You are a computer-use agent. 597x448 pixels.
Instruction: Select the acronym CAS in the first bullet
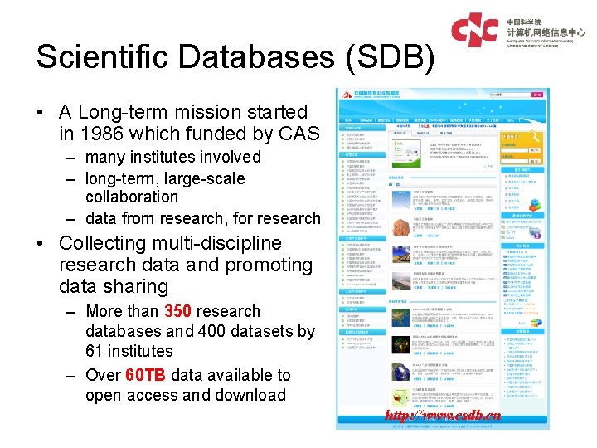pyautogui.click(x=298, y=134)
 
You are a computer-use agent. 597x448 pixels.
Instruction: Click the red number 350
pyautogui.click(x=179, y=311)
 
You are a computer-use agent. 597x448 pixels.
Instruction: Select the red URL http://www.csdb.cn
pyautogui.click(x=443, y=415)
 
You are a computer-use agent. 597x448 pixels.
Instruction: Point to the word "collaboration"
pyautogui.click(x=132, y=197)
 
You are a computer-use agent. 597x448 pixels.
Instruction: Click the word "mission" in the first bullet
pyautogui.click(x=211, y=112)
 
